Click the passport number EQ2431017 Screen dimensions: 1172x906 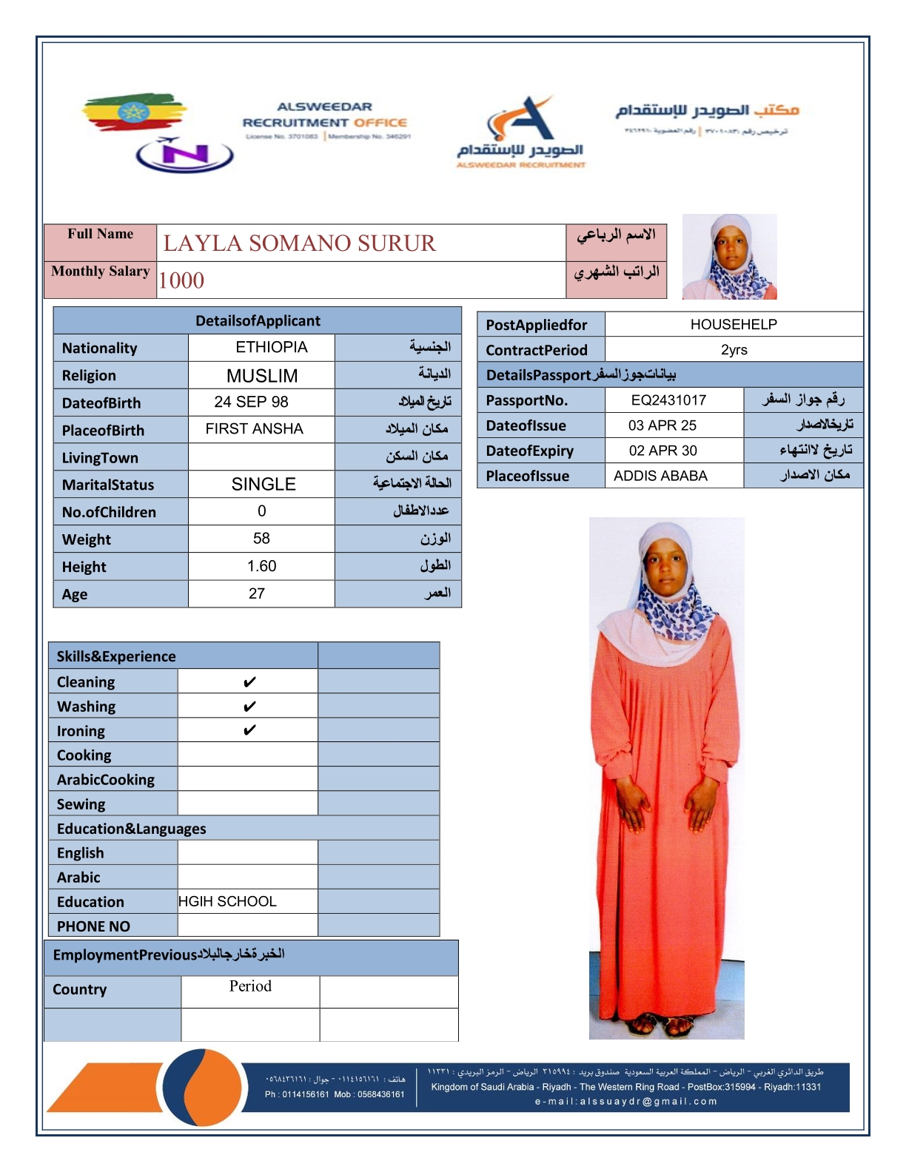click(668, 400)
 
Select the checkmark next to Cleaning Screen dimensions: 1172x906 click(249, 681)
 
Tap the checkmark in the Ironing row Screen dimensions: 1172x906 click(249, 730)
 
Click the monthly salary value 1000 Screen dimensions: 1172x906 click(181, 280)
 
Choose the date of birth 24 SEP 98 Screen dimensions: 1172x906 click(251, 402)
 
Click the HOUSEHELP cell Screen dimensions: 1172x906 click(733, 324)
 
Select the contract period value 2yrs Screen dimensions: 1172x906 click(734, 349)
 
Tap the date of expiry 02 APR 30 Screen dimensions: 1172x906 click(662, 451)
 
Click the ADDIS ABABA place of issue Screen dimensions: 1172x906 click(660, 476)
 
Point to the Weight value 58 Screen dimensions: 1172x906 click(261, 539)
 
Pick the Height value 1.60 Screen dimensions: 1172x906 click(261, 566)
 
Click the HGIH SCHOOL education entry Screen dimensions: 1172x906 click(227, 901)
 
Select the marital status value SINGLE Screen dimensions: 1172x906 click(264, 485)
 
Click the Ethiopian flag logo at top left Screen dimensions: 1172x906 click(133, 112)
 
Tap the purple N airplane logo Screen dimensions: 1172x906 click(184, 155)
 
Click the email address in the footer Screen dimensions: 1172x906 click(626, 1101)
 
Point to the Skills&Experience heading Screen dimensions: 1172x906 click(116, 656)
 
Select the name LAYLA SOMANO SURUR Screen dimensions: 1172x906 click(299, 243)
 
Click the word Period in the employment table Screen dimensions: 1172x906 click(250, 986)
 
